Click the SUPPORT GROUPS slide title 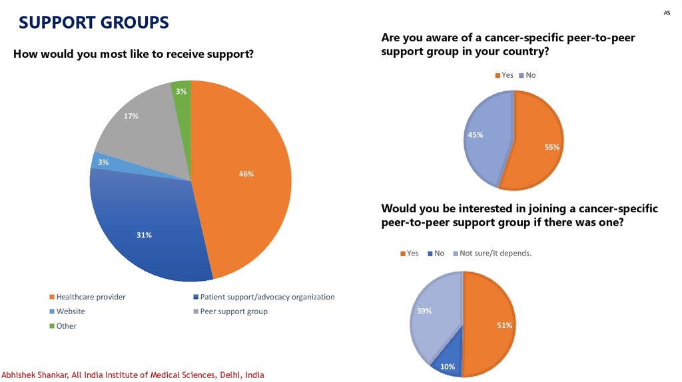coord(93,23)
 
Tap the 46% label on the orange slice coord(246,174)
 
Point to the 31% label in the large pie coord(145,235)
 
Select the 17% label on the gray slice coord(131,116)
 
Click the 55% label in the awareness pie coord(551,147)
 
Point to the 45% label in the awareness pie coord(476,135)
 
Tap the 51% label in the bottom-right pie coord(504,325)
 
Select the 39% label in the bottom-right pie coord(424,311)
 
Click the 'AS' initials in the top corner coord(667,13)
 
